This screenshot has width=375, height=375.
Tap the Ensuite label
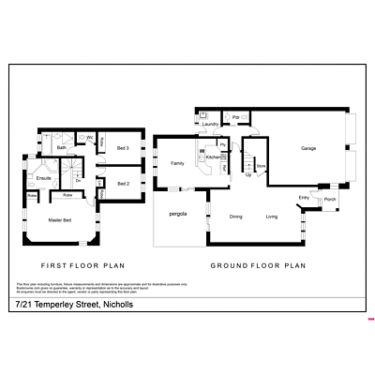click(x=43, y=177)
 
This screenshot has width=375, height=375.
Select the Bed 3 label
click(x=123, y=149)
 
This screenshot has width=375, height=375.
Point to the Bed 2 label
click(x=123, y=184)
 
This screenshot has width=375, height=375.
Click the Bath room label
click(x=61, y=148)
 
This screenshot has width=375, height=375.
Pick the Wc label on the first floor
click(x=90, y=139)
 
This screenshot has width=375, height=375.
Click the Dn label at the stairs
click(x=79, y=181)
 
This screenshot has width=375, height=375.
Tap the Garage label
click(x=307, y=149)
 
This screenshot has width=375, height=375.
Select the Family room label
click(x=177, y=163)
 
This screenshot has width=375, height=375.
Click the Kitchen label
click(x=214, y=157)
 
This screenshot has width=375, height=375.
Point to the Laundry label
click(x=210, y=124)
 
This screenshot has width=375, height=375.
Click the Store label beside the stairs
click(x=262, y=166)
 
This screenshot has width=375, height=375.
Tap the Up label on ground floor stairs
click(x=247, y=174)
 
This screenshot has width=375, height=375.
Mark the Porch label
click(x=330, y=200)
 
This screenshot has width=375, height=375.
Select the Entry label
click(x=304, y=197)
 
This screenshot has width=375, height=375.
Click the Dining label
click(x=236, y=217)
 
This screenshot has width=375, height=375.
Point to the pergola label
click(x=178, y=215)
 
